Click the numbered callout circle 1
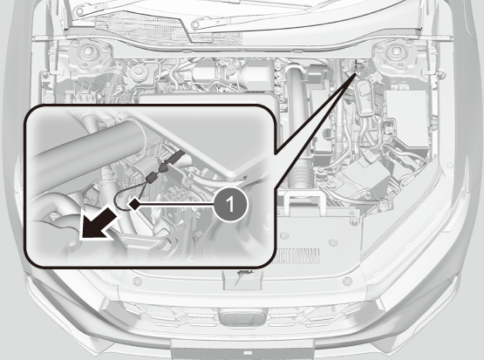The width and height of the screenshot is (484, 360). [x=230, y=205]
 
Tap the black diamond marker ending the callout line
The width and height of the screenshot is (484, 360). [x=134, y=205]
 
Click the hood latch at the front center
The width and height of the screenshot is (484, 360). [x=242, y=280]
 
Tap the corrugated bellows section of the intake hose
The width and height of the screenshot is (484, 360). [x=299, y=176]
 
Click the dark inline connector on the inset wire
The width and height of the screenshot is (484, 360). [x=152, y=177]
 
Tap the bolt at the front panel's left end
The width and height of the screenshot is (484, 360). [x=138, y=282]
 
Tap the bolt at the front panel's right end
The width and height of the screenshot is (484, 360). [x=348, y=281]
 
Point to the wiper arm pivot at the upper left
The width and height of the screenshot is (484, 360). [x=80, y=11]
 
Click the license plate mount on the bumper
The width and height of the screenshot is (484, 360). [x=242, y=350]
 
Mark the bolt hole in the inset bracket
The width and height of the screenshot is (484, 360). [x=164, y=245]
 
